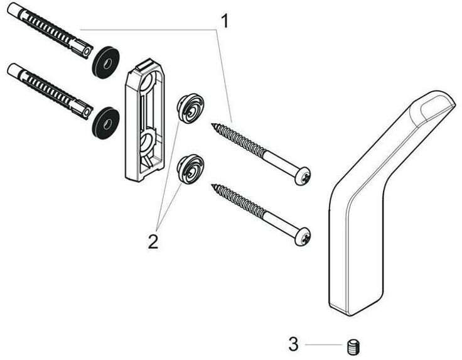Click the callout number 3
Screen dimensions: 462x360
click(x=293, y=344)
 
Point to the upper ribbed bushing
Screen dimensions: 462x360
click(x=190, y=107)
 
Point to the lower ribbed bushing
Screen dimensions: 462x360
click(x=191, y=168)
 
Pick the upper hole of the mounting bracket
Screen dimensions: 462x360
click(x=151, y=87)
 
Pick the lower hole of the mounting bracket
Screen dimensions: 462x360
click(x=149, y=140)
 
